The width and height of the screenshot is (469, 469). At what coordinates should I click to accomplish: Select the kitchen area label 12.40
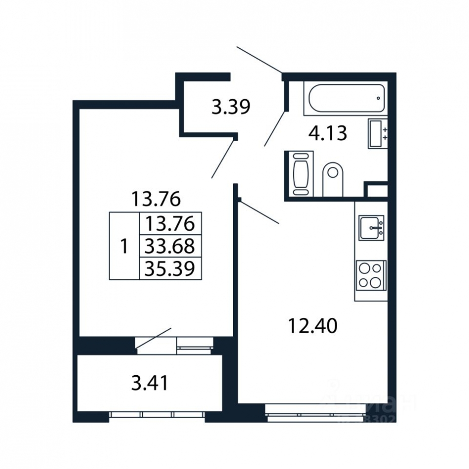(x=312, y=326)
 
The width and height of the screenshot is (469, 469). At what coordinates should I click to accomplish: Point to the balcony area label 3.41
(x=150, y=383)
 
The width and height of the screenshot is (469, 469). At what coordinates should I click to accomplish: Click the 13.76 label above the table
(x=156, y=199)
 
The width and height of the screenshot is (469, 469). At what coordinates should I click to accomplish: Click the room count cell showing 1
(x=124, y=246)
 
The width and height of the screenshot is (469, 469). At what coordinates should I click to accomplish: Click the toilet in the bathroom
(x=333, y=179)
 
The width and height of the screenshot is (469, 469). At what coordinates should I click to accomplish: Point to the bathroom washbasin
(x=378, y=133)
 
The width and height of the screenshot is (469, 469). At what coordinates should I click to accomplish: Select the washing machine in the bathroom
(x=300, y=174)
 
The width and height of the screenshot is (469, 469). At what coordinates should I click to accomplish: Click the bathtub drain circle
(x=378, y=98)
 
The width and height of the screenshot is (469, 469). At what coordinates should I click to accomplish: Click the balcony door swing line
(x=154, y=340)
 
